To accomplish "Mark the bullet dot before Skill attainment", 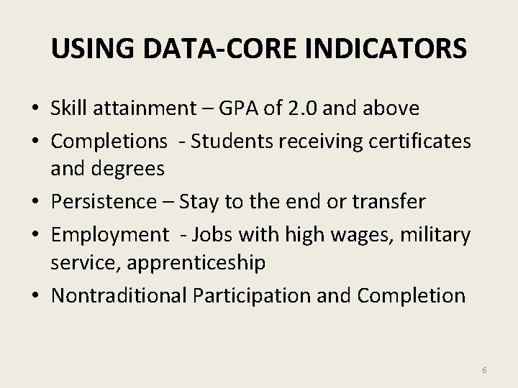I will pyautogui.click(x=35, y=109).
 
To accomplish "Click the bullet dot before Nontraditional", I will pyautogui.click(x=35, y=296).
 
